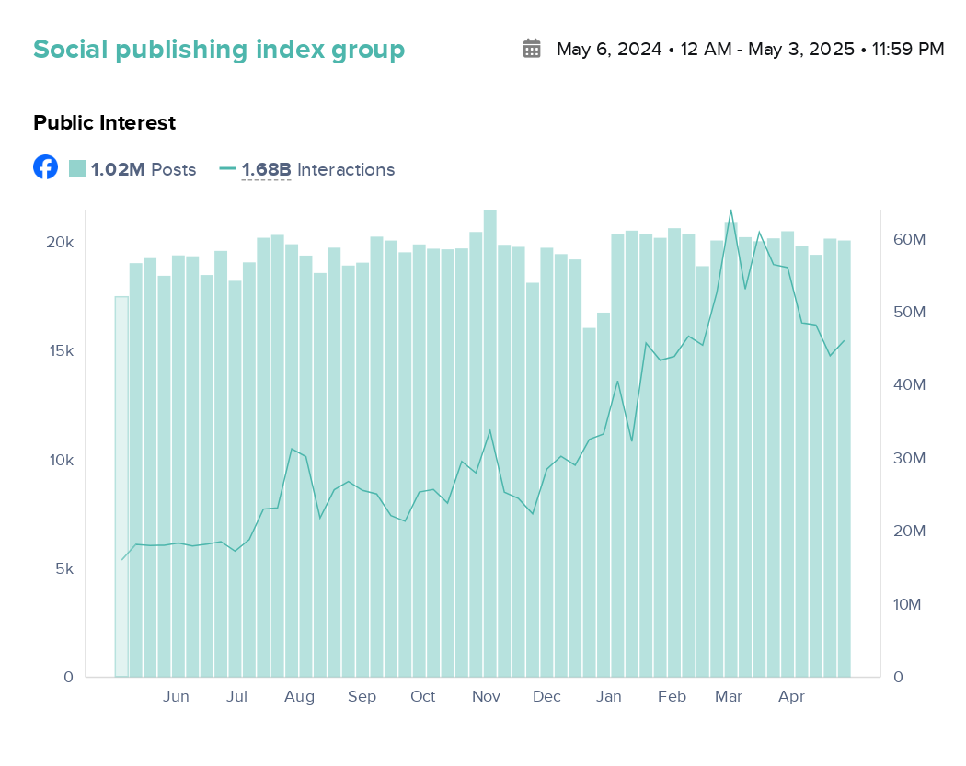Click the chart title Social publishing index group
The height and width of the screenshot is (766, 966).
(x=219, y=50)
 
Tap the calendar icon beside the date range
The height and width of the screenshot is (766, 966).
(x=532, y=49)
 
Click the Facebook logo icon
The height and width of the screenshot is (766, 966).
(x=45, y=167)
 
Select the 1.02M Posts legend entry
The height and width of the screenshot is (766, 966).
(x=132, y=169)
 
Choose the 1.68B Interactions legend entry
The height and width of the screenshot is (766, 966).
(x=307, y=169)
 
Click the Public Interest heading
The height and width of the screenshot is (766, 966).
(x=104, y=122)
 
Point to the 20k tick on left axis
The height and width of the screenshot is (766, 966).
(x=61, y=242)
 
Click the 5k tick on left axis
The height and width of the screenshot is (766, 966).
(x=63, y=569)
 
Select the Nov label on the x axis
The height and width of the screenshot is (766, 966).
(x=486, y=697)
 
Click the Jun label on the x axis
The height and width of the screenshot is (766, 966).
(x=176, y=697)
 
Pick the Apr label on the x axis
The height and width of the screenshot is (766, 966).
(x=791, y=697)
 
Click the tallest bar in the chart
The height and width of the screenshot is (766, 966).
(x=490, y=441)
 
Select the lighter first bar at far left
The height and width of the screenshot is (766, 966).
(x=121, y=487)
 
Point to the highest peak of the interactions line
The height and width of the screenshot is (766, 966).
(x=730, y=211)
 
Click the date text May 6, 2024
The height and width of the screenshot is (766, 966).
(x=609, y=50)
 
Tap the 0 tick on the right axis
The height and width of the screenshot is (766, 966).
(x=898, y=678)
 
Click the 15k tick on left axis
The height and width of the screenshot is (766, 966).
(x=61, y=351)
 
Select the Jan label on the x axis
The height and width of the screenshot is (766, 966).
(x=608, y=697)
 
